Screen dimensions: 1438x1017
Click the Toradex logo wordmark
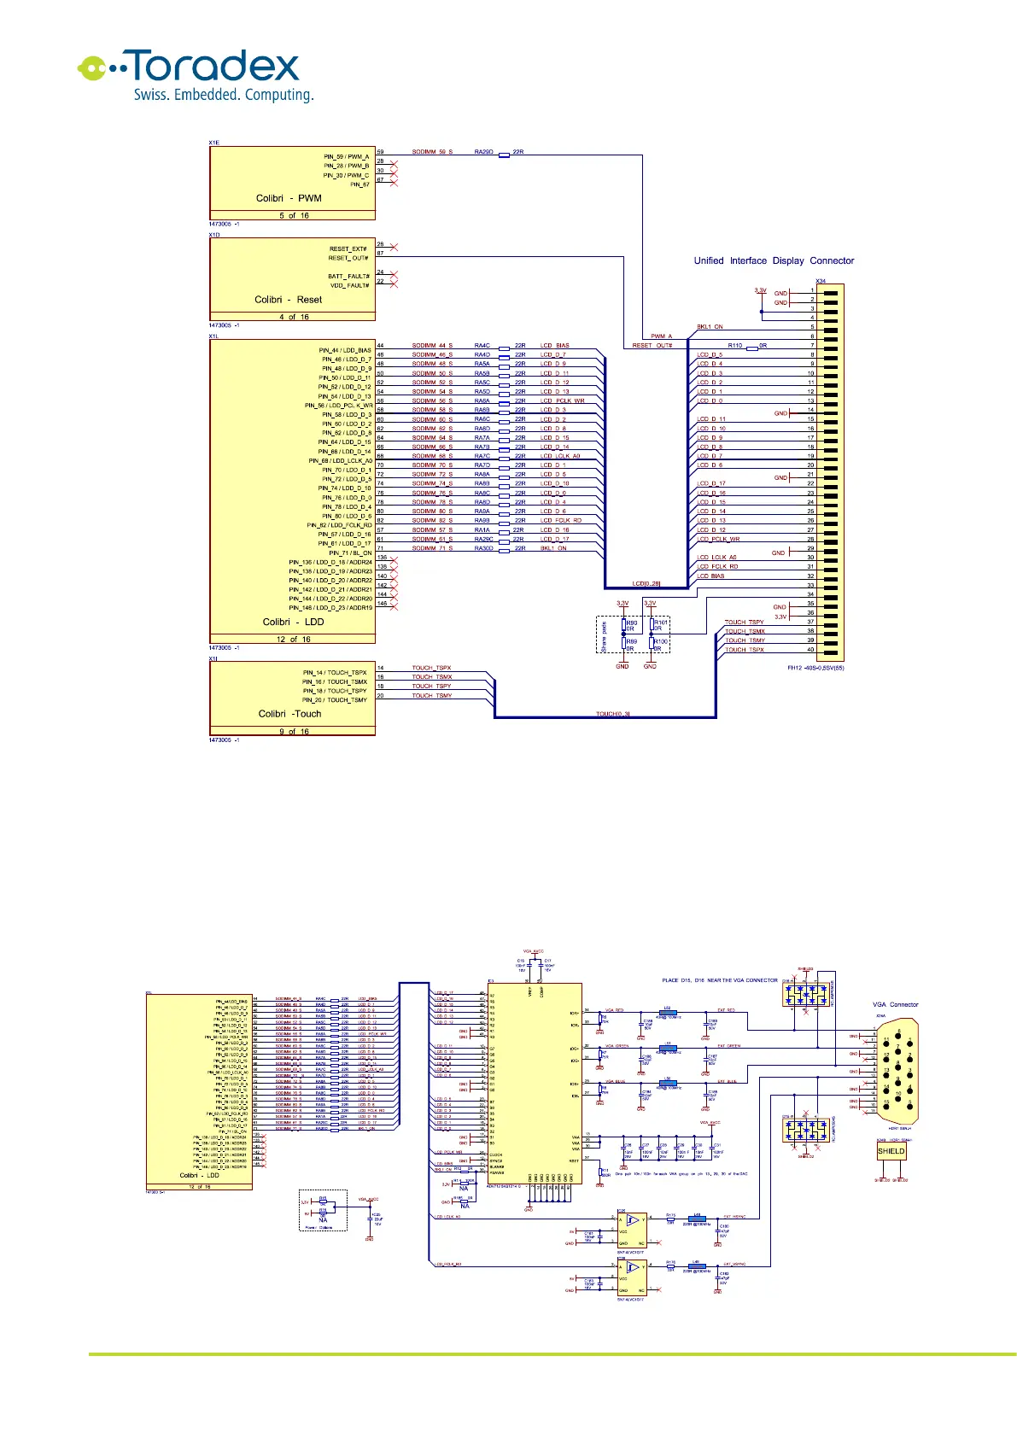pyautogui.click(x=213, y=66)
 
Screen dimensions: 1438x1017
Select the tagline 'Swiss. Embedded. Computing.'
pyautogui.click(x=223, y=95)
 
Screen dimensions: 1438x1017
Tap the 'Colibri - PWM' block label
pyautogui.click(x=289, y=198)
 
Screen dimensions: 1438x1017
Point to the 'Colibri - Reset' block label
pyautogui.click(x=288, y=300)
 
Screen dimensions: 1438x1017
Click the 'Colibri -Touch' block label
pyautogui.click(x=289, y=714)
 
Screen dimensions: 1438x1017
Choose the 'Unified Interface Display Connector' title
pyautogui.click(x=774, y=260)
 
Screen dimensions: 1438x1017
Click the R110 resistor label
pyautogui.click(x=734, y=346)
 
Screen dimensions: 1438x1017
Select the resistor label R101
pyautogui.click(x=661, y=623)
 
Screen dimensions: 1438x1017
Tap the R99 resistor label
pyautogui.click(x=632, y=641)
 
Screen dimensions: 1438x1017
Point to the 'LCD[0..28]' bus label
pyautogui.click(x=646, y=584)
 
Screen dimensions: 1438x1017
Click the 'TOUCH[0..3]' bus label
pyautogui.click(x=612, y=714)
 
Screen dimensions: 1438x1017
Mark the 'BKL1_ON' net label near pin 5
pyautogui.click(x=710, y=327)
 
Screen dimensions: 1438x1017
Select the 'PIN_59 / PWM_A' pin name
pyautogui.click(x=346, y=157)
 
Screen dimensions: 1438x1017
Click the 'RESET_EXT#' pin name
pyautogui.click(x=348, y=248)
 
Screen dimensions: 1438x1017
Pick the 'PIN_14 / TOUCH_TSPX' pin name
pyautogui.click(x=335, y=673)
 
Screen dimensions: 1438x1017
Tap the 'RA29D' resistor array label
pyautogui.click(x=483, y=152)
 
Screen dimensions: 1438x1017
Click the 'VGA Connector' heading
pyautogui.click(x=895, y=1004)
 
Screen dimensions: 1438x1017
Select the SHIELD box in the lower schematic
pyautogui.click(x=891, y=1151)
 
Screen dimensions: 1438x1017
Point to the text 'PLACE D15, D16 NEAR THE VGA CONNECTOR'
pyautogui.click(x=720, y=980)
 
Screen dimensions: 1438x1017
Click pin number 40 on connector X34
pyautogui.click(x=810, y=650)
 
